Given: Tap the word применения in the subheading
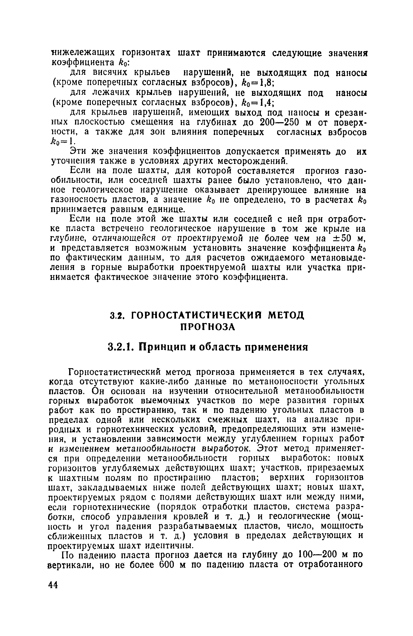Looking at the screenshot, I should (x=273, y=347).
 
